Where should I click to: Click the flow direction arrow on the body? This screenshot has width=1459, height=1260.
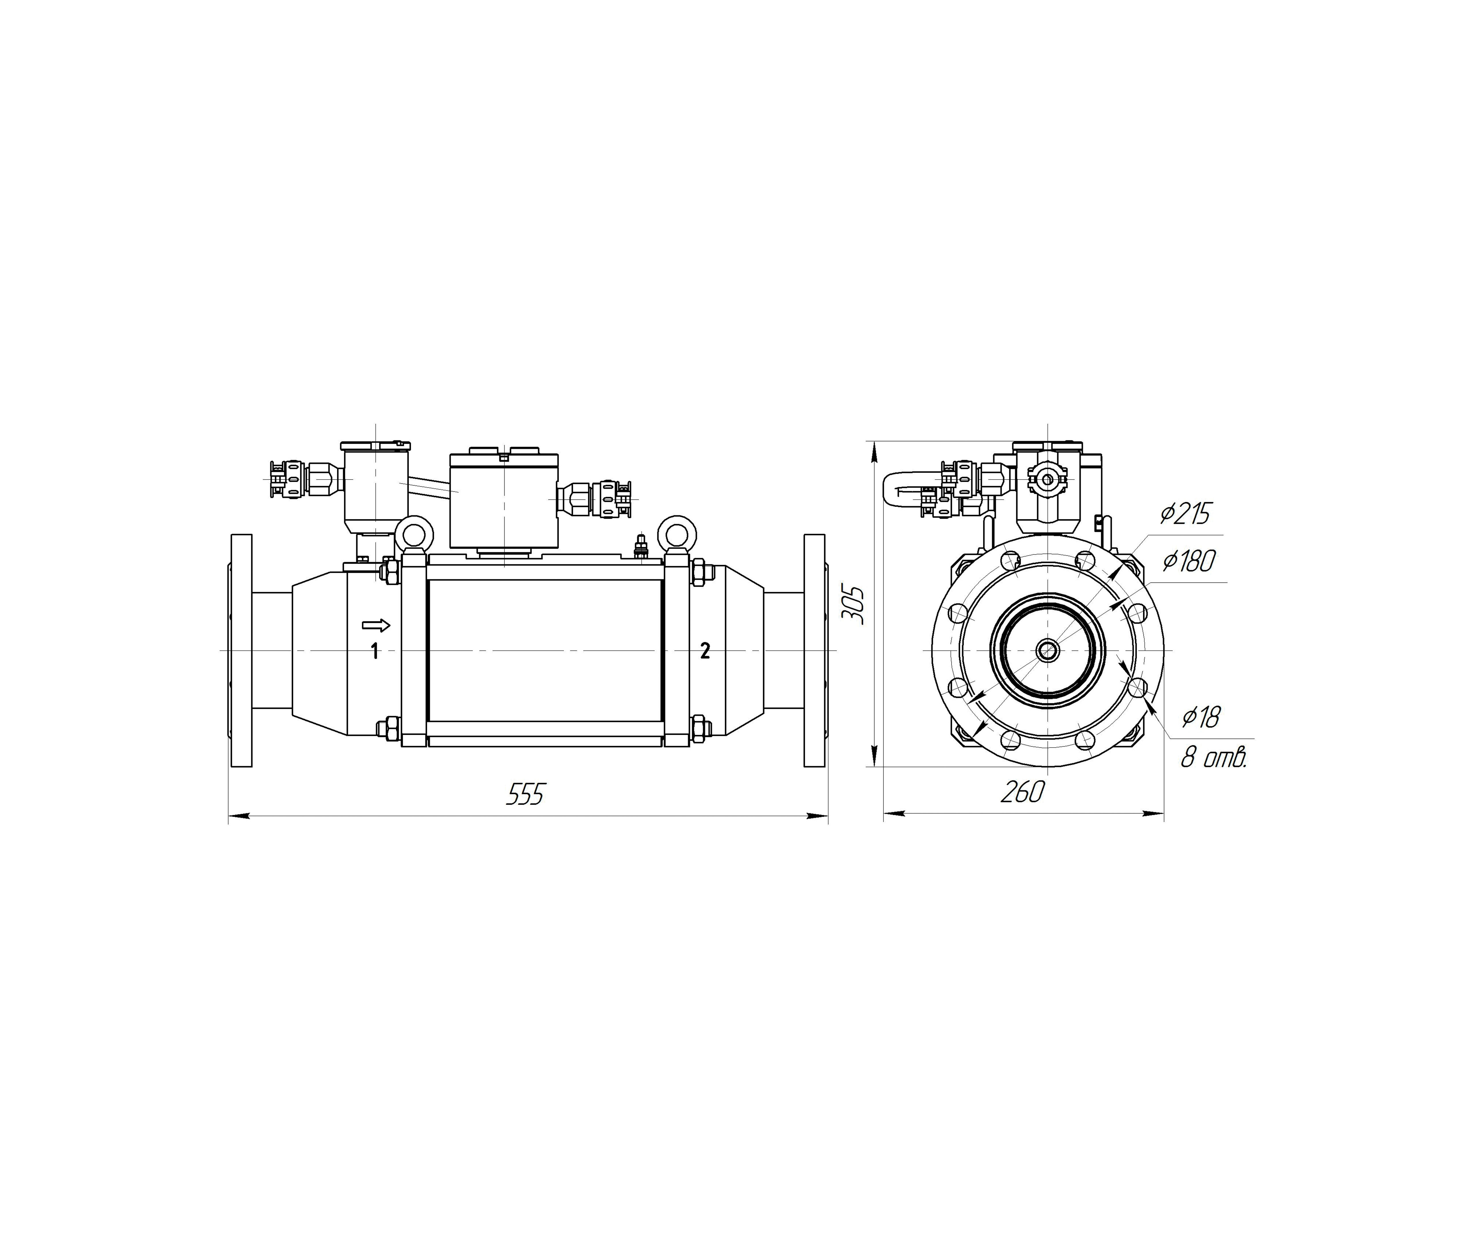click(375, 624)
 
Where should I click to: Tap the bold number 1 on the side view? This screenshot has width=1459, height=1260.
click(375, 651)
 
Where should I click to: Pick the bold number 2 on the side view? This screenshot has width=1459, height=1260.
click(705, 651)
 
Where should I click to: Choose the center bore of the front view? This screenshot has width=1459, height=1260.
click(1048, 650)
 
